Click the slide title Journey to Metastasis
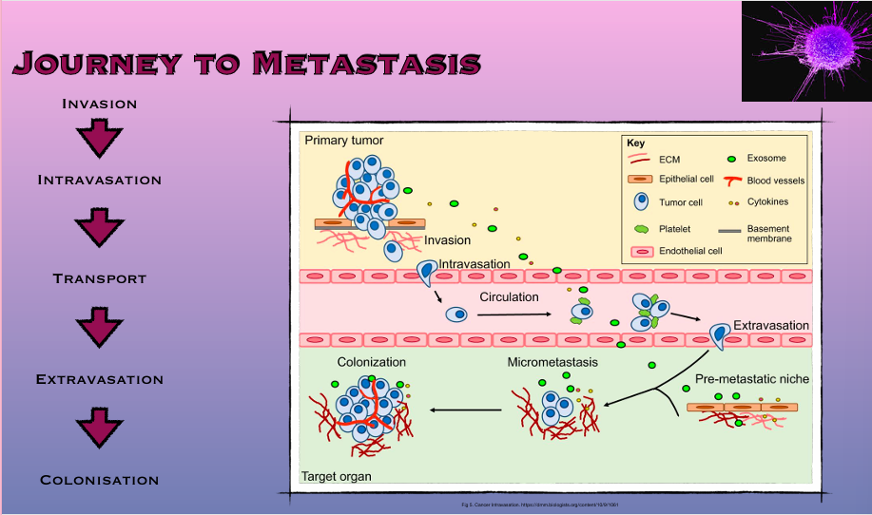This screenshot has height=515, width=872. [247, 63]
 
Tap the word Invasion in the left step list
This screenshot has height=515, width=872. [99, 104]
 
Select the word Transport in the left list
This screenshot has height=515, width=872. [99, 278]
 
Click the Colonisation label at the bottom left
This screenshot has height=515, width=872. [99, 480]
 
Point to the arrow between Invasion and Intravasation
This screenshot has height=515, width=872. [99, 139]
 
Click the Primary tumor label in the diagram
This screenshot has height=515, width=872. [344, 141]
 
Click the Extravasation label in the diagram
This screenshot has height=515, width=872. [770, 325]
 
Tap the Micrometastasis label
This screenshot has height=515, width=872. [553, 362]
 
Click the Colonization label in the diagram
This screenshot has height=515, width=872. [371, 362]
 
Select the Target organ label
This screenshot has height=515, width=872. [337, 476]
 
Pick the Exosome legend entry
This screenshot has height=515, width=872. [766, 158]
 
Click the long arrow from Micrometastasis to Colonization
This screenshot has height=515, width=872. [466, 410]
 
